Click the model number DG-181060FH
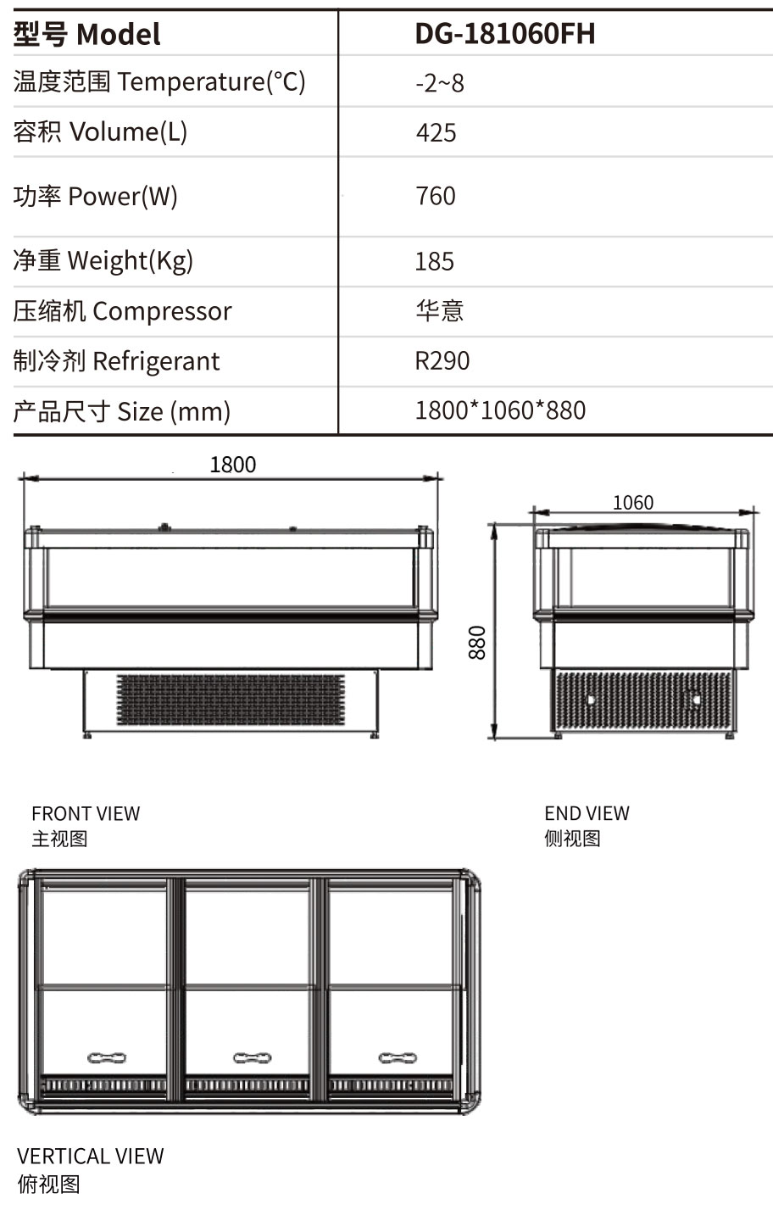click(x=504, y=34)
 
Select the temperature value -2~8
click(x=440, y=83)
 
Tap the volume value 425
click(x=436, y=133)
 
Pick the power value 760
click(x=436, y=196)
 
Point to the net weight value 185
click(x=434, y=261)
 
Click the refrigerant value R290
click(x=442, y=361)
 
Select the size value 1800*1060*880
click(x=500, y=410)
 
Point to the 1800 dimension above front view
click(x=232, y=465)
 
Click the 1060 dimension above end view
click(x=633, y=503)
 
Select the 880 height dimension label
click(x=477, y=643)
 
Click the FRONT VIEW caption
click(x=86, y=814)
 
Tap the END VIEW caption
click(x=587, y=813)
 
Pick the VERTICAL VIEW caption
click(x=90, y=1157)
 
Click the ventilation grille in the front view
click(x=231, y=700)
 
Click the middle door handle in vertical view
click(x=253, y=1058)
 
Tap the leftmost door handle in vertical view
click(x=107, y=1058)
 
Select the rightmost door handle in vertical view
click(x=398, y=1058)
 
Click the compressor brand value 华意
click(x=439, y=310)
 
